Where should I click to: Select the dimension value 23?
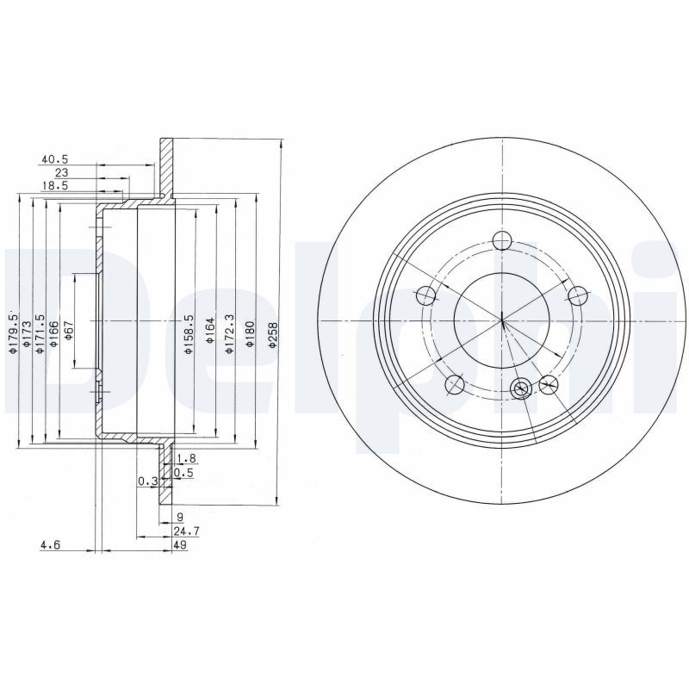(60, 172)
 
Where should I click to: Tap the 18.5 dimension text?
(54, 185)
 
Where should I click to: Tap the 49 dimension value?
(180, 545)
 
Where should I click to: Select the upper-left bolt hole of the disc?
(425, 296)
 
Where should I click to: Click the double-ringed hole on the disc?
(520, 389)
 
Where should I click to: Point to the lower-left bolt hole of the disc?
(456, 384)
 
